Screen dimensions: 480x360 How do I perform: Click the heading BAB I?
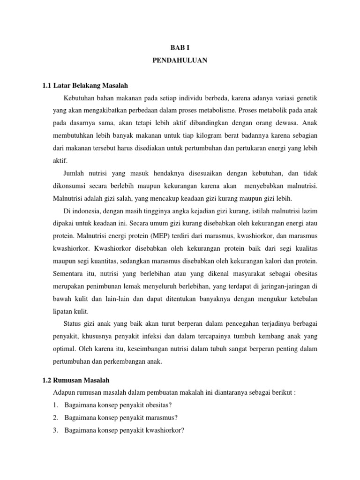[x=180, y=48]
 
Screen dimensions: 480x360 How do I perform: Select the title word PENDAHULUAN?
[x=180, y=60]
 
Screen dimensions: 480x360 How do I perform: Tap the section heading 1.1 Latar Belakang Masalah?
[x=85, y=86]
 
